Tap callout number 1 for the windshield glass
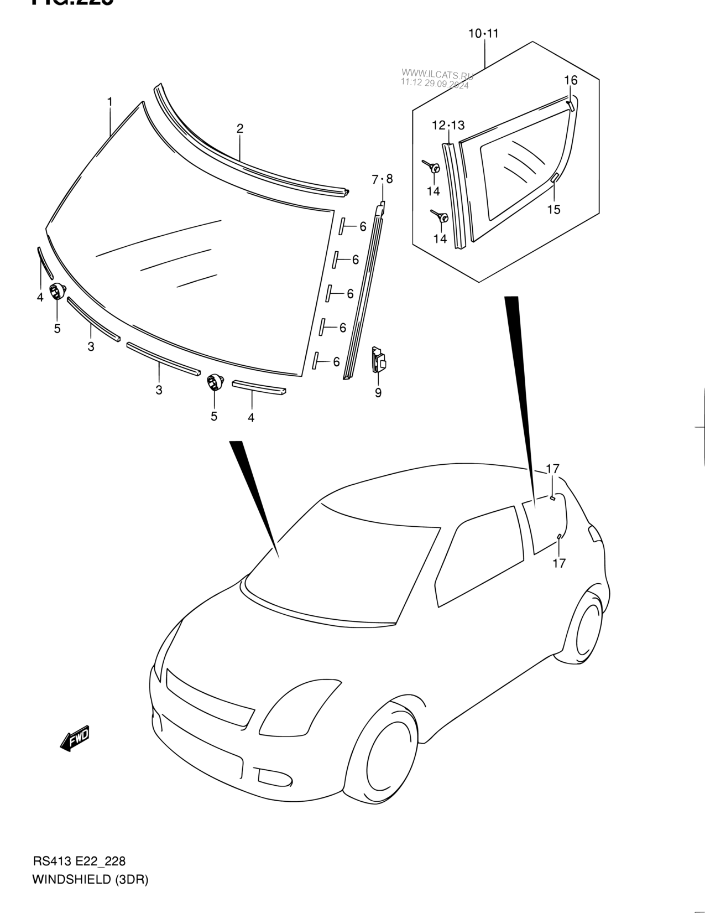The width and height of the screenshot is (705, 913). [x=110, y=102]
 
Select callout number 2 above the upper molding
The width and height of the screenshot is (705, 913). [x=240, y=129]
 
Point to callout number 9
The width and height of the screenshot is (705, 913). [x=378, y=393]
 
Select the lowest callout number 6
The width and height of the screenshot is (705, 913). [x=336, y=362]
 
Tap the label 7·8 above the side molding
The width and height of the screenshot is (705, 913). [x=382, y=179]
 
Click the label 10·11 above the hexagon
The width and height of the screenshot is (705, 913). [x=484, y=34]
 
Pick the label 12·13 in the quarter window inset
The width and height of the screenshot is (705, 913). [x=448, y=126]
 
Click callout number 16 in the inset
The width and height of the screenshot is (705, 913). [x=571, y=81]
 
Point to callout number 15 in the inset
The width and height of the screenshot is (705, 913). [x=553, y=210]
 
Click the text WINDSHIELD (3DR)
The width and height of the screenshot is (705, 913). [x=90, y=880]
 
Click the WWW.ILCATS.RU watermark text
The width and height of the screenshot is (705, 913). [x=437, y=73]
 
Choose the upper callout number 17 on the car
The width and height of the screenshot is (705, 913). [x=553, y=469]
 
